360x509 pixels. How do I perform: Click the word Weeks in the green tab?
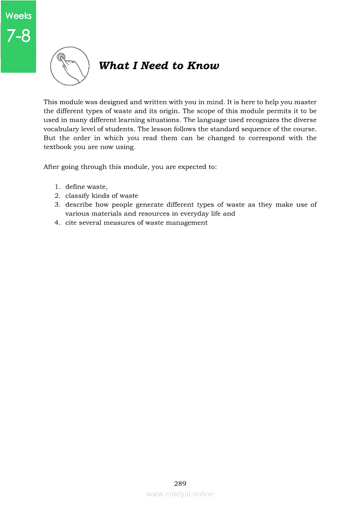pyautogui.click(x=18, y=16)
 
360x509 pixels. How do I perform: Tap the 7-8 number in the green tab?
pyautogui.click(x=18, y=36)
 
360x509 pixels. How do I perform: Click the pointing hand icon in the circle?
pyautogui.click(x=70, y=66)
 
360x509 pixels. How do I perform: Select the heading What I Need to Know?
pyautogui.click(x=159, y=66)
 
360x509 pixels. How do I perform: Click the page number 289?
pyautogui.click(x=180, y=483)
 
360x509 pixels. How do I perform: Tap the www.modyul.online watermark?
pyautogui.click(x=180, y=494)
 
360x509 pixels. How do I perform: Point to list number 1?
pyautogui.click(x=57, y=187)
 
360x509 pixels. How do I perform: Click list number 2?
pyautogui.click(x=57, y=196)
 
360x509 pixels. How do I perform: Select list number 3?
pyautogui.click(x=57, y=205)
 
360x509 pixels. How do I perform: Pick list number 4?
pyautogui.click(x=57, y=223)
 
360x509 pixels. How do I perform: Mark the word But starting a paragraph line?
pyautogui.click(x=49, y=138)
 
